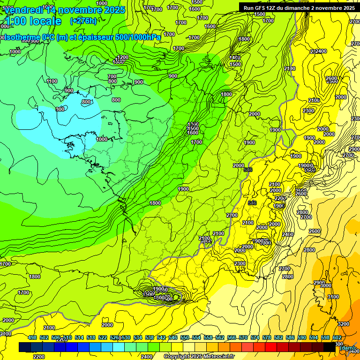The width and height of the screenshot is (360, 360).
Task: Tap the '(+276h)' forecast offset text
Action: (83, 21)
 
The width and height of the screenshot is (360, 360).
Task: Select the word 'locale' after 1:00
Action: (45, 21)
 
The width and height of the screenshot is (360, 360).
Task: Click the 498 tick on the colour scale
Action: (32, 337)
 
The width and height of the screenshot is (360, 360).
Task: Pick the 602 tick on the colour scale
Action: (337, 337)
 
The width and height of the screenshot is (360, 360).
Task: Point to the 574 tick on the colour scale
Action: (255, 337)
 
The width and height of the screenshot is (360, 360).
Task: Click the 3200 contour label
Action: (343, 324)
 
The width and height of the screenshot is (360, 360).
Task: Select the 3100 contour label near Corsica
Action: (333, 297)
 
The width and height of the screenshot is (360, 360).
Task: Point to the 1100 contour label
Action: (52, 81)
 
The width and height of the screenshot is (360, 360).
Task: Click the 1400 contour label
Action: (235, 58)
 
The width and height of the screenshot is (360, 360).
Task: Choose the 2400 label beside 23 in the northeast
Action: (321, 51)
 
